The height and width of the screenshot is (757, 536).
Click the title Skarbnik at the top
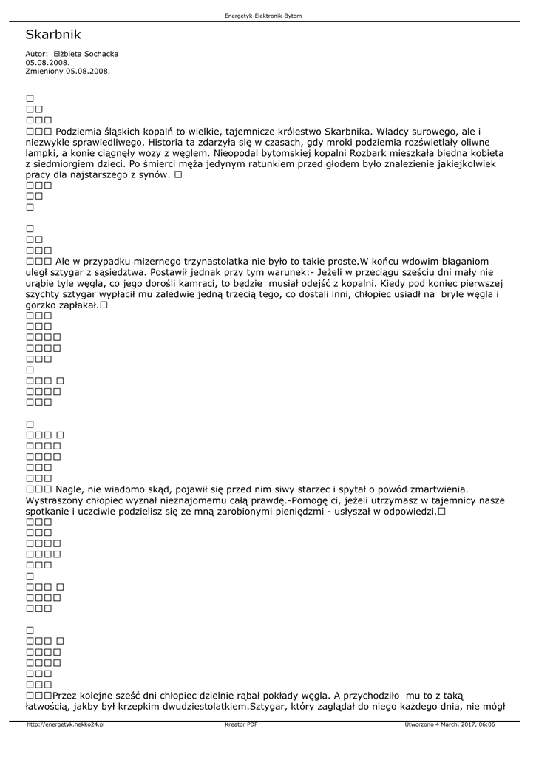(52, 35)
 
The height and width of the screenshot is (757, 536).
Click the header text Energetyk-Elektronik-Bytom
(263, 16)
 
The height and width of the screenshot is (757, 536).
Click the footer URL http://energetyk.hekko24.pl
(66, 724)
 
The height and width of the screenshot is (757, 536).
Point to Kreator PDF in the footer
(241, 724)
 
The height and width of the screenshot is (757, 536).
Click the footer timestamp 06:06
(486, 724)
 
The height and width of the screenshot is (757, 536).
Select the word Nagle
(70, 489)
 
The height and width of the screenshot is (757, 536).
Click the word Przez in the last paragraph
(65, 695)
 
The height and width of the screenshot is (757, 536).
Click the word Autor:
(36, 54)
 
